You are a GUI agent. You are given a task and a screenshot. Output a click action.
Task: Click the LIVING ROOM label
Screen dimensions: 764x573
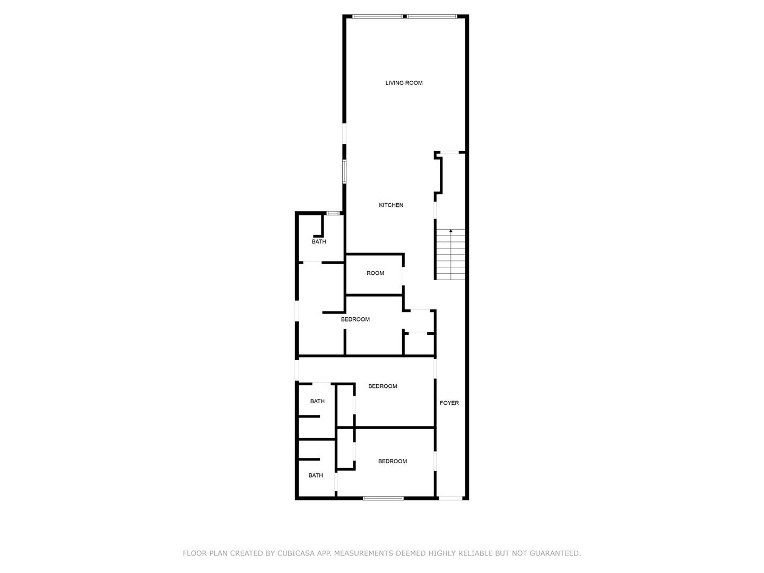(x=404, y=83)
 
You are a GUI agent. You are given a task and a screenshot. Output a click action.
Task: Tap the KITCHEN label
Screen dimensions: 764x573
(x=391, y=205)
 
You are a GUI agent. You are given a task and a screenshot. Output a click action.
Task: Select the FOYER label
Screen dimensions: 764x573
(x=449, y=403)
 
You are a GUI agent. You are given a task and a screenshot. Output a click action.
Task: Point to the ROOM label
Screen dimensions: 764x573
(x=375, y=273)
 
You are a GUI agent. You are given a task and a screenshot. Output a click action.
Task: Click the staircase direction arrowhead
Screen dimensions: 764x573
(x=451, y=231)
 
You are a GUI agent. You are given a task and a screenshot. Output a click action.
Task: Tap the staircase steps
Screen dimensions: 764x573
(x=451, y=254)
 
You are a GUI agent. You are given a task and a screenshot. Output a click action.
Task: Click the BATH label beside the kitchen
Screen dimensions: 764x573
(x=319, y=241)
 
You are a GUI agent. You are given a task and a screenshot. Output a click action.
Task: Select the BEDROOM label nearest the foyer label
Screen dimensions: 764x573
(x=383, y=386)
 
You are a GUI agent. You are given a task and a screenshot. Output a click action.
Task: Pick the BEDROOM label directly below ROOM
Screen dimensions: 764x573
(x=355, y=319)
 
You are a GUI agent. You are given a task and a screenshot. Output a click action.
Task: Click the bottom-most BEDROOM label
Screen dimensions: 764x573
(x=392, y=462)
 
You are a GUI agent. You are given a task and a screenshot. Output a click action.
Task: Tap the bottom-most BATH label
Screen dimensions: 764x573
(x=315, y=475)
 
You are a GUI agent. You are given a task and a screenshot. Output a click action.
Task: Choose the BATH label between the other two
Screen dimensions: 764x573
(x=317, y=402)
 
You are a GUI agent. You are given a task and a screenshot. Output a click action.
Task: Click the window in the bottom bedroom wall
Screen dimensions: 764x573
(x=383, y=498)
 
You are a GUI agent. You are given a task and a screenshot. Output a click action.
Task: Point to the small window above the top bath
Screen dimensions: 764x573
(x=333, y=213)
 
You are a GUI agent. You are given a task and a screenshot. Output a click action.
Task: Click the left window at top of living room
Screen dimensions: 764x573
(x=377, y=16)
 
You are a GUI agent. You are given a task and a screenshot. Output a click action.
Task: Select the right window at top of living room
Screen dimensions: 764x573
(x=431, y=16)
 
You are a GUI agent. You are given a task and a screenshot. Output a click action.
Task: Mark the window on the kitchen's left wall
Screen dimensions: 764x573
(x=344, y=171)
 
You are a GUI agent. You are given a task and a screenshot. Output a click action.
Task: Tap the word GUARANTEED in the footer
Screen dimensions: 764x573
(x=555, y=553)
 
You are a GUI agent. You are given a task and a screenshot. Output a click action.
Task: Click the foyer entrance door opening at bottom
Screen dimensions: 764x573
(x=450, y=498)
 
